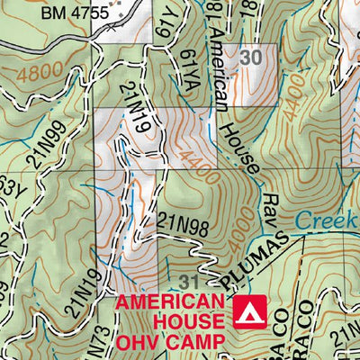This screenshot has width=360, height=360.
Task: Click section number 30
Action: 253,56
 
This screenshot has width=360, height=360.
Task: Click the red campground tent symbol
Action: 244,310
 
